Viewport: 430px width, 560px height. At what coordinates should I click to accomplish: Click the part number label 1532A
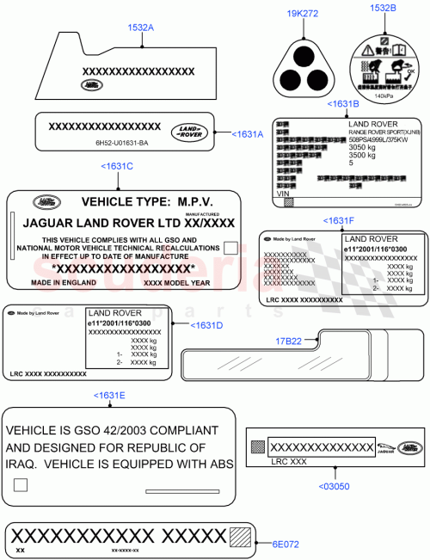(141, 28)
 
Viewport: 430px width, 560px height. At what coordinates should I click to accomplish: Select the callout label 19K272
(302, 15)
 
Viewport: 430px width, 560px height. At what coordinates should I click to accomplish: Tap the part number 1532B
(383, 9)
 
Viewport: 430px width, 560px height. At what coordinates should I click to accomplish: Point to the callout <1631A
(248, 133)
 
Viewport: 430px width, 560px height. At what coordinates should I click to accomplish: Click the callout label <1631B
(343, 104)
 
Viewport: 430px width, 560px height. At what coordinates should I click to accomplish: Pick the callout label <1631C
(117, 165)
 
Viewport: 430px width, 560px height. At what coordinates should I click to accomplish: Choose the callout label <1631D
(207, 325)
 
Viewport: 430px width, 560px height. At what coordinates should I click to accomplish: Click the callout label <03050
(334, 486)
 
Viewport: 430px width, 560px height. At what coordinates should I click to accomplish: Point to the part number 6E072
(285, 544)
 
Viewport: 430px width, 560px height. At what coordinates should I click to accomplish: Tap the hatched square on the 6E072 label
(243, 536)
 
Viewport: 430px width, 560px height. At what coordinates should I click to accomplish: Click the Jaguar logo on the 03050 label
(386, 447)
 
